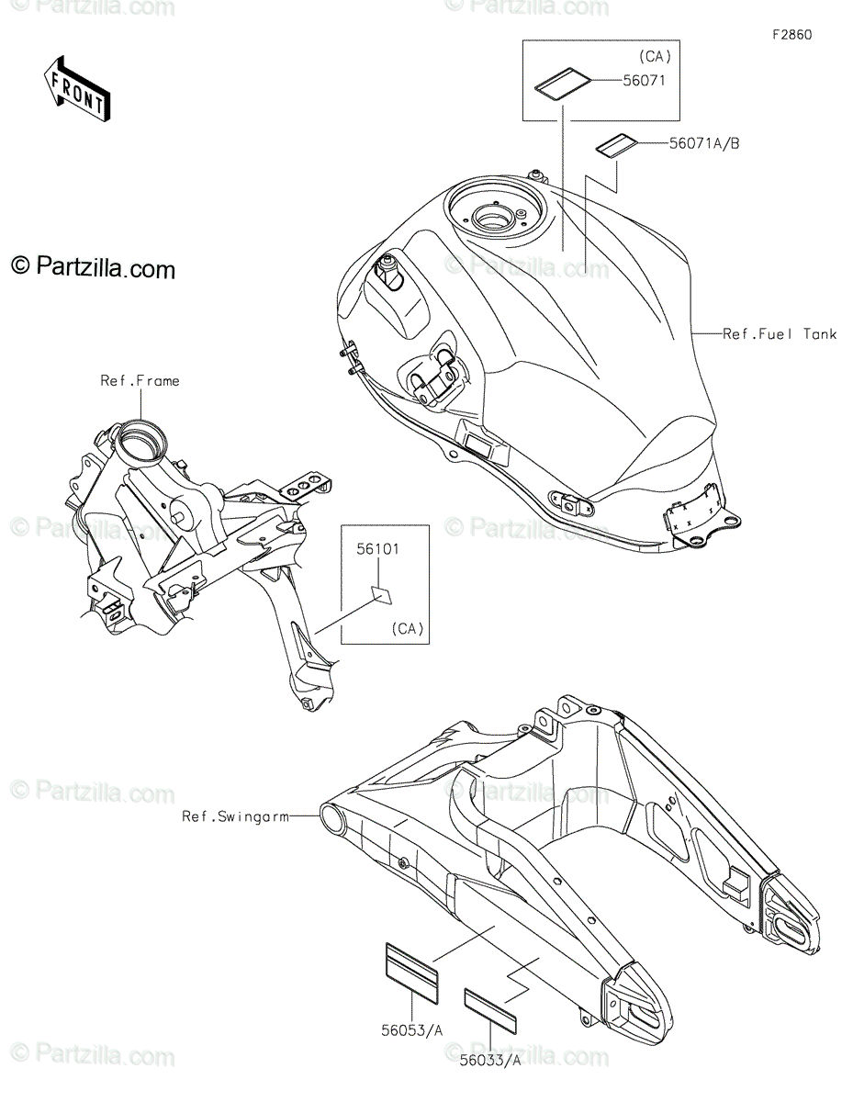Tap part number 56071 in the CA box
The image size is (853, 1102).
(643, 80)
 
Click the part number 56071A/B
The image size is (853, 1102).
(679, 142)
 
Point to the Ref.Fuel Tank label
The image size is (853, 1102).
(780, 334)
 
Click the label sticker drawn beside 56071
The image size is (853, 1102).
(562, 84)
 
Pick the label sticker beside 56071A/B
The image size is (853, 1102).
(615, 145)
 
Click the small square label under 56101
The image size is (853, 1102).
(381, 595)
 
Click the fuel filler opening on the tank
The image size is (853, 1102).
(497, 219)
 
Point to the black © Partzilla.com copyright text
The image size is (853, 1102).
(93, 268)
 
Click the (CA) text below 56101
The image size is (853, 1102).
(407, 629)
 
